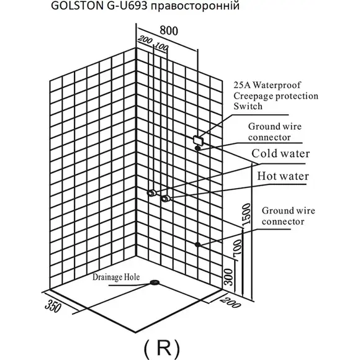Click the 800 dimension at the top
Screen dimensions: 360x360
169,30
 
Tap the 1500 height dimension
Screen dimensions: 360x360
246,214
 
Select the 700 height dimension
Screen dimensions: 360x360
238,247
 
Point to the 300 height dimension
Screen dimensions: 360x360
228,277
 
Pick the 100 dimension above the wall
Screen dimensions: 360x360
161,47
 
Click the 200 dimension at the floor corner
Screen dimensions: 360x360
230,302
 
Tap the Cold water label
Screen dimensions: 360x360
281,153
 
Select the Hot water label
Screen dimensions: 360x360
283,176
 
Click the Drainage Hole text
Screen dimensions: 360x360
116,277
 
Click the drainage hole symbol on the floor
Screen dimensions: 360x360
155,282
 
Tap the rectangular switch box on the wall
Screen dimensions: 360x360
199,140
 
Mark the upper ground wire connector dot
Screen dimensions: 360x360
197,148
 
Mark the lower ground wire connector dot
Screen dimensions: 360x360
197,245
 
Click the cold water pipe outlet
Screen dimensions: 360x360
151,193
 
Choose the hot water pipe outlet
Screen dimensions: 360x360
165,199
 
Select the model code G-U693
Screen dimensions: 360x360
127,6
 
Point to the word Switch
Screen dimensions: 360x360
248,106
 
